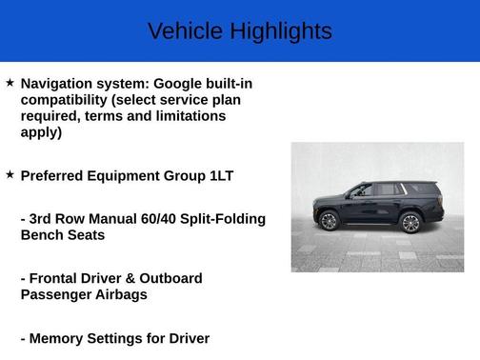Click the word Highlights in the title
pos(281,31)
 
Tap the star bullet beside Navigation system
pos(10,83)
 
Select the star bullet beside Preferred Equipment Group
pos(10,174)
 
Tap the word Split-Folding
pos(224,219)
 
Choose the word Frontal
pos(57,278)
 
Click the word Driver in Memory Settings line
pos(187,338)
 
